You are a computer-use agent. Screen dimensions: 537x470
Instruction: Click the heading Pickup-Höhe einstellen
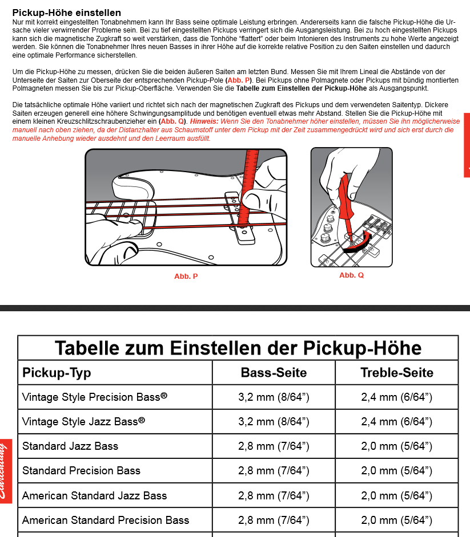66,13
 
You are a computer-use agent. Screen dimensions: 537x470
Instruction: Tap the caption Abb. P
186,276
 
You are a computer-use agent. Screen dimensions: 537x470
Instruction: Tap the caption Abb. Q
351,275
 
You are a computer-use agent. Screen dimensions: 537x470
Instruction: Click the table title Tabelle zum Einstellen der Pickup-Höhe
238,348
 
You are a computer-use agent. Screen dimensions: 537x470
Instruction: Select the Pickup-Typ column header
57,373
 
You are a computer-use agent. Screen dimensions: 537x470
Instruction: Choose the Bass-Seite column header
274,373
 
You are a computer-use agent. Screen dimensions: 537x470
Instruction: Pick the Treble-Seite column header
397,373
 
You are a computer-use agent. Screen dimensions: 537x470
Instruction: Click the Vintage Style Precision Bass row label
95,397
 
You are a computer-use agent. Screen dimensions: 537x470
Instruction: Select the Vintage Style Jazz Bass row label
83,421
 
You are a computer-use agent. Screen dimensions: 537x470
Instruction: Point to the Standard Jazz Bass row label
70,446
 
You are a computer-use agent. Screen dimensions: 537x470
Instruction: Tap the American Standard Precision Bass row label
106,520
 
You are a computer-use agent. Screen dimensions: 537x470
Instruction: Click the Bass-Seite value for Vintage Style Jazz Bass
274,422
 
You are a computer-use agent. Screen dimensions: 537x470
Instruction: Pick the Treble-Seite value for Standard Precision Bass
397,471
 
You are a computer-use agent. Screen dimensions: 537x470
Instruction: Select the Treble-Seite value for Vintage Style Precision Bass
397,397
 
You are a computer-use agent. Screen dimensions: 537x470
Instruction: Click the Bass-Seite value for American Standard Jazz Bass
274,496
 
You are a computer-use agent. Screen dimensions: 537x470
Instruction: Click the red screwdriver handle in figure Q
344,197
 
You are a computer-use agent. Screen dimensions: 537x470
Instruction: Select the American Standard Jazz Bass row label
94,495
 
